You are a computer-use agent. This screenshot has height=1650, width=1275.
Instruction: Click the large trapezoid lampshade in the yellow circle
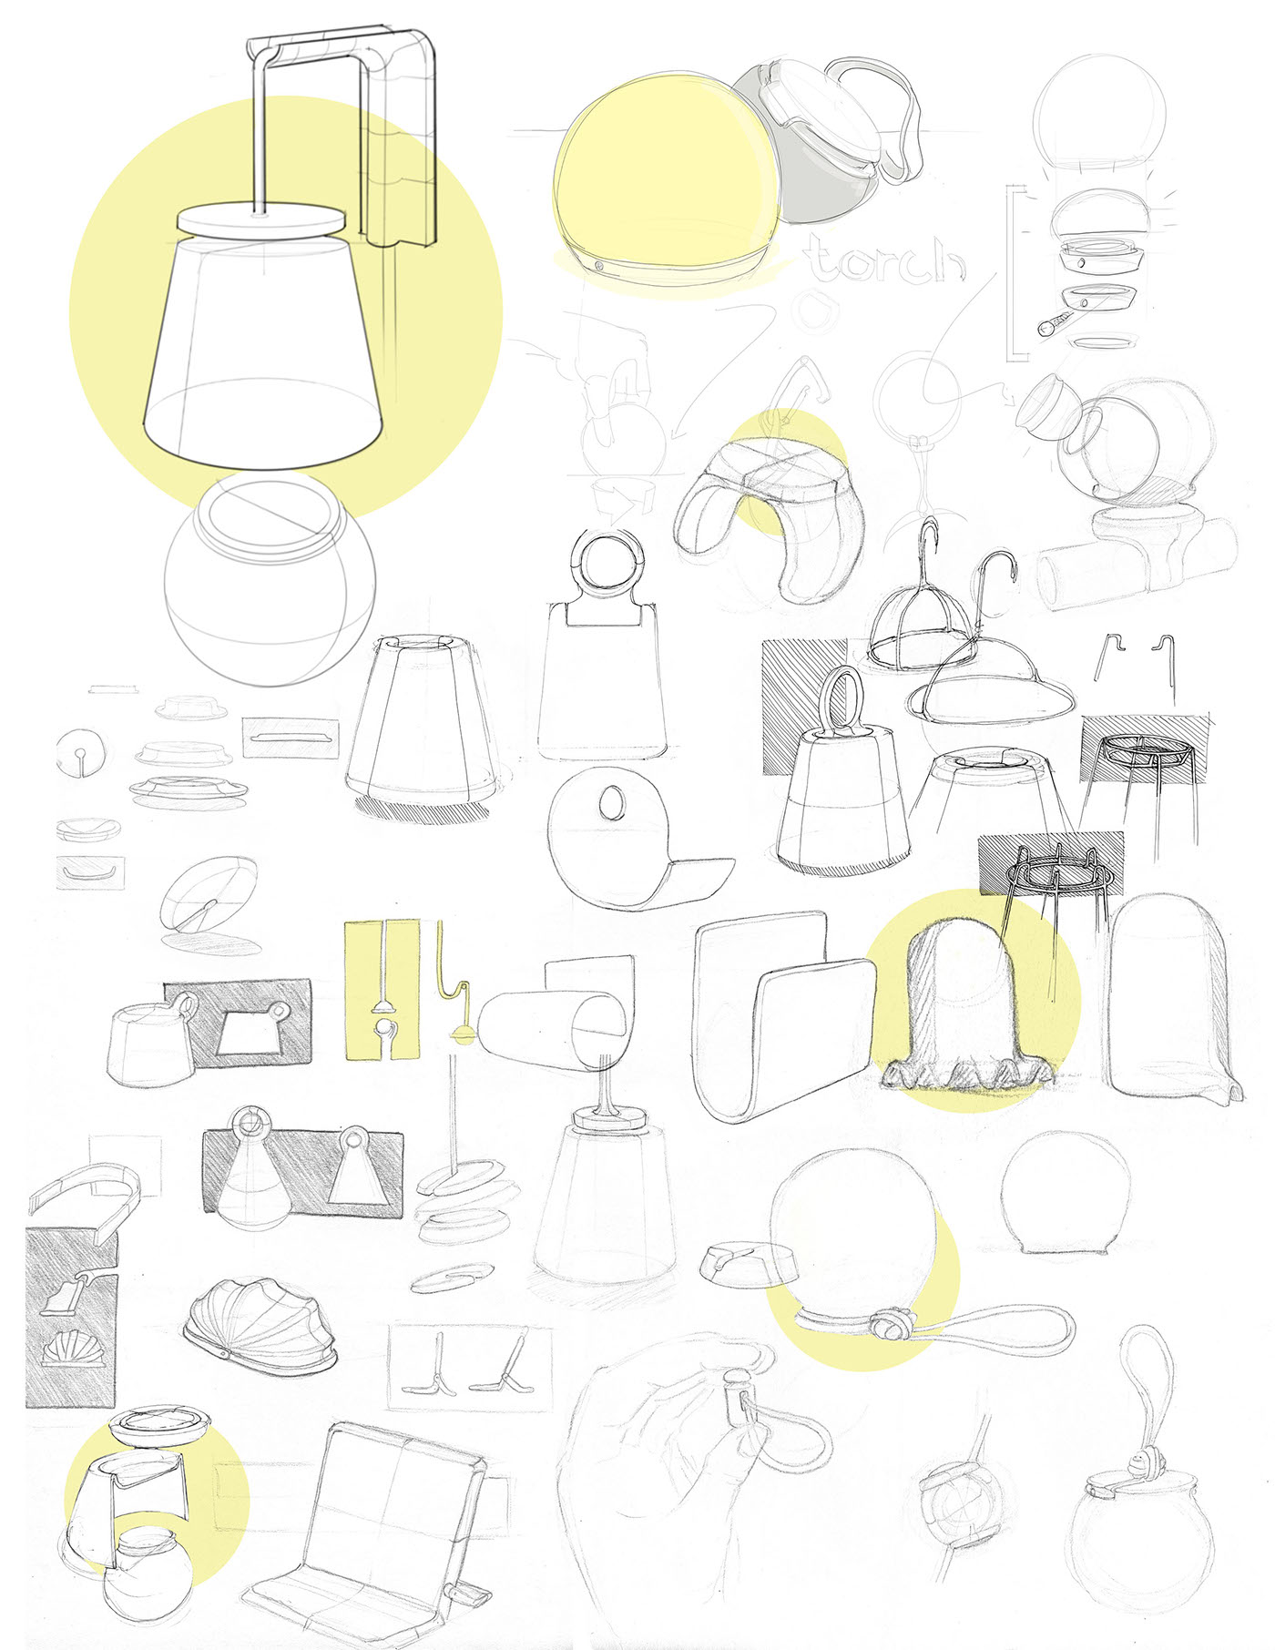tap(262, 355)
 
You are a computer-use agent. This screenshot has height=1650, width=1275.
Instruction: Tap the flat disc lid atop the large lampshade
tap(261, 221)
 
